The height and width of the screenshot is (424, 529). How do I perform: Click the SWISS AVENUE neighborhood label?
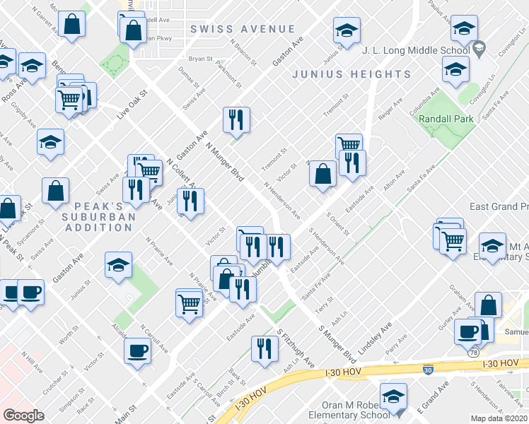point(242,29)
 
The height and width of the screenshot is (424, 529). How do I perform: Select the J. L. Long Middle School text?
point(415,51)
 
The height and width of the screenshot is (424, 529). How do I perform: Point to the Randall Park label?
point(446,119)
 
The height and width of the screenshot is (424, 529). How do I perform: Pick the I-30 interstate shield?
point(428,370)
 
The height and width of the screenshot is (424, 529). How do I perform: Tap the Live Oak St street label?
point(132,104)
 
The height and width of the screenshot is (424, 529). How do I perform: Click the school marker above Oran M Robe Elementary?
point(393,396)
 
